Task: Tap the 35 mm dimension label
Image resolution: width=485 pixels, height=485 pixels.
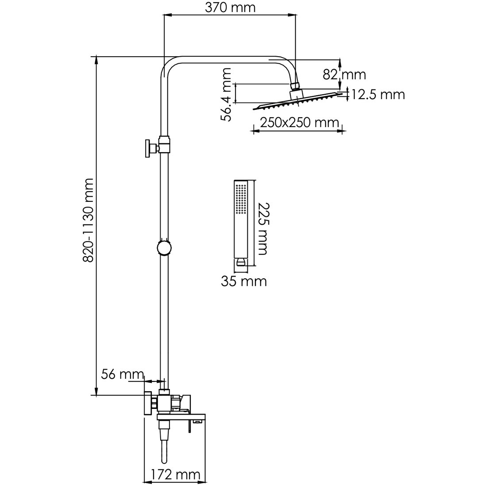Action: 244,281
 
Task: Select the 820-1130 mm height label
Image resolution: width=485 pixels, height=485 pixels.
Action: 88,220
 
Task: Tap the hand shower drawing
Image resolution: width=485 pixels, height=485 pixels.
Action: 241,221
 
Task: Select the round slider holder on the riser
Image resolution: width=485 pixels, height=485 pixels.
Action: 164,247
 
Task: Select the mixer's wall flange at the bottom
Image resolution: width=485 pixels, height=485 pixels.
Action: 147,403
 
